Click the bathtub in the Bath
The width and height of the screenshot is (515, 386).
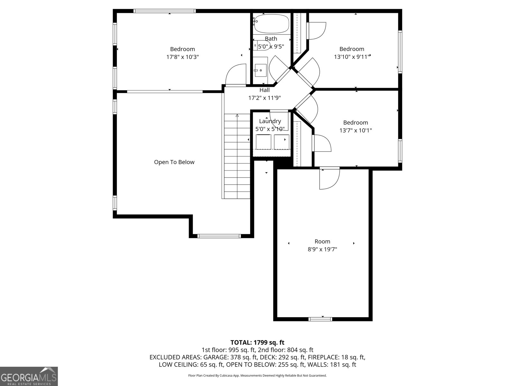(271, 24)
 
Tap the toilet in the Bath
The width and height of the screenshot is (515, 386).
(261, 45)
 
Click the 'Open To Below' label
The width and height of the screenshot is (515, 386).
(174, 162)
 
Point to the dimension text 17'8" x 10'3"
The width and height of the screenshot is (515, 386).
(183, 57)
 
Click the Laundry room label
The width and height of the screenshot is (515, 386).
(270, 121)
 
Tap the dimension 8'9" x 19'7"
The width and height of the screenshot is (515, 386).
(322, 249)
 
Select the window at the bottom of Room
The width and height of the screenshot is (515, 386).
(320, 319)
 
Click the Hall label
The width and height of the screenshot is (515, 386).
(264, 90)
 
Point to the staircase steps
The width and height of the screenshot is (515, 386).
(237, 158)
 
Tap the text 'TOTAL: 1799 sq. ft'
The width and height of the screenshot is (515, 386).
(257, 343)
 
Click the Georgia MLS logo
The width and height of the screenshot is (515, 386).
(29, 376)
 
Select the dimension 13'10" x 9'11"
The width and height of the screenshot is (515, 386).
(352, 57)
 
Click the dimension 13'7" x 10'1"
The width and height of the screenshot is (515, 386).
(355, 130)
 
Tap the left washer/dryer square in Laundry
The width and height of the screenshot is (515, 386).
(264, 142)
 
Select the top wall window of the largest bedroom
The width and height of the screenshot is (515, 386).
(164, 11)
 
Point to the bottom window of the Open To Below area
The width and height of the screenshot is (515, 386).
(219, 236)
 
